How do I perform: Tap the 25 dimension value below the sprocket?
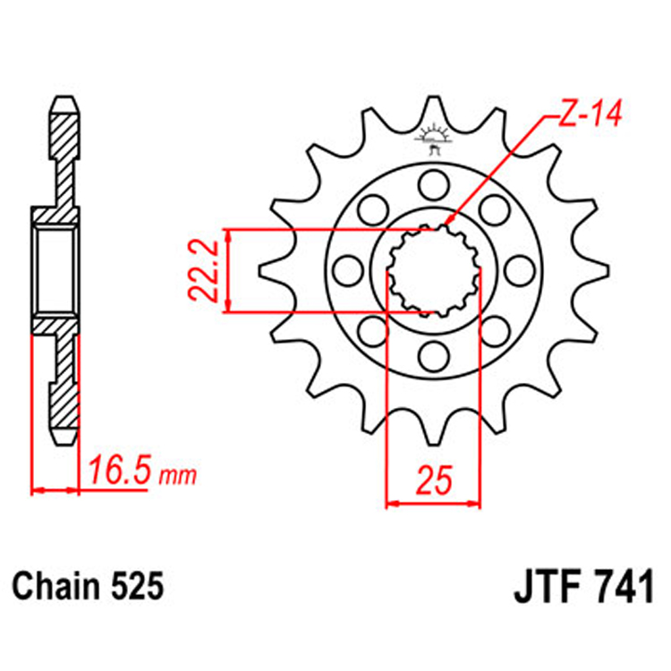coord(433,480)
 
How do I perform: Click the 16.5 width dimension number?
coord(121,472)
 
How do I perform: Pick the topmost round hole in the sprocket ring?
coord(433,185)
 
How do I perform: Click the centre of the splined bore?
coord(433,269)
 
